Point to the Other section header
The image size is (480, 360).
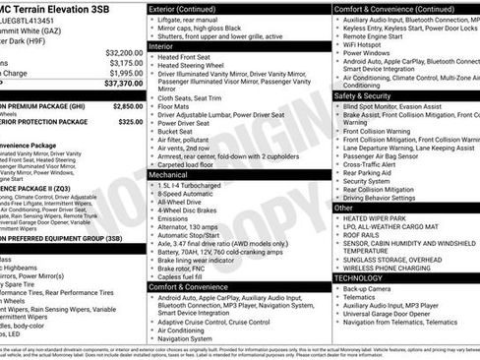[x=344, y=208]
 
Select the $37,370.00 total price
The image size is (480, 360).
[x=115, y=85]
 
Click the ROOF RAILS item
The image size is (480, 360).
[x=363, y=236]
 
